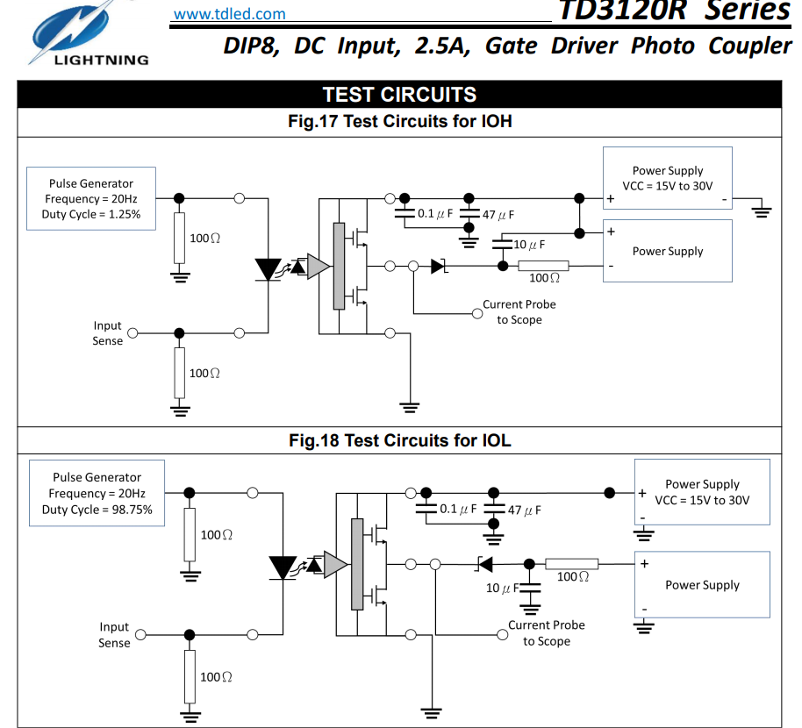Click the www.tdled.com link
[229, 13]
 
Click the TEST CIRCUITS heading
[399, 95]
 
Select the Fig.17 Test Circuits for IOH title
[399, 121]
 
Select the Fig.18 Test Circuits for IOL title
[399, 440]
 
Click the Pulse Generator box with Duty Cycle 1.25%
[91, 199]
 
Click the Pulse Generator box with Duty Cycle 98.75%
[97, 493]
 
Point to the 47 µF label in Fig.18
[524, 510]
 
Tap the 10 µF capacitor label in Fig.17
[529, 245]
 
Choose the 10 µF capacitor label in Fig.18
[502, 588]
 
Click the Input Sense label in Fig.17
[107, 333]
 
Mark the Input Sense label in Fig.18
[114, 635]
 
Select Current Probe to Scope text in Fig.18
[546, 633]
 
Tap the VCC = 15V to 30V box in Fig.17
[668, 178]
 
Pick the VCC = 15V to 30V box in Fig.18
[702, 492]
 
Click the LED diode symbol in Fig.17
[267, 268]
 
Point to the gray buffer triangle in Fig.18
[335, 564]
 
